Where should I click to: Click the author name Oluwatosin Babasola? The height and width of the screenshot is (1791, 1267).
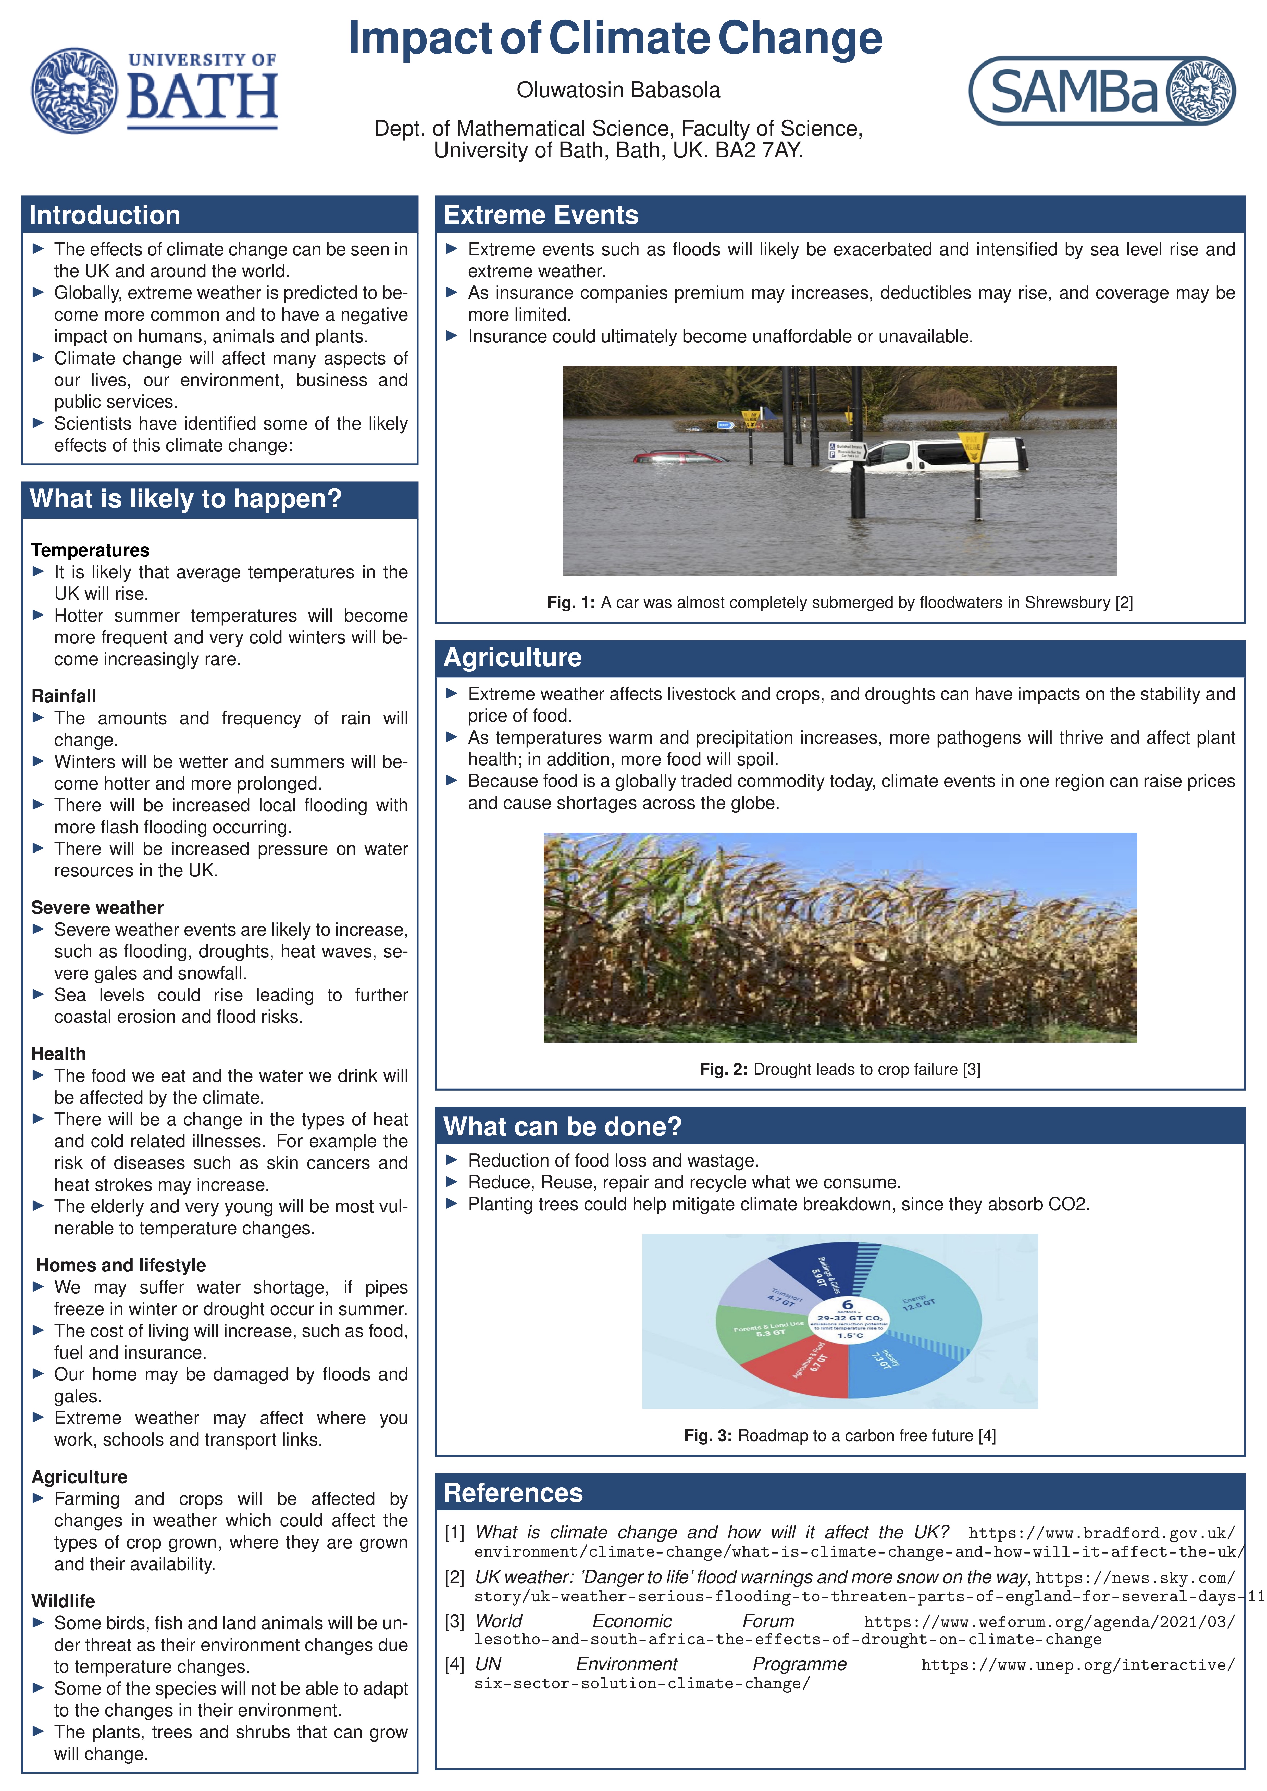[x=618, y=91]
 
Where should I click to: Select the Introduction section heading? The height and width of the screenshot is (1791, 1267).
[x=105, y=215]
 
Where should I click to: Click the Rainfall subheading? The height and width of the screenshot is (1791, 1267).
[x=64, y=696]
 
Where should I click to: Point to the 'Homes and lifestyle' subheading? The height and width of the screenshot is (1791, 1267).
[x=121, y=1265]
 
